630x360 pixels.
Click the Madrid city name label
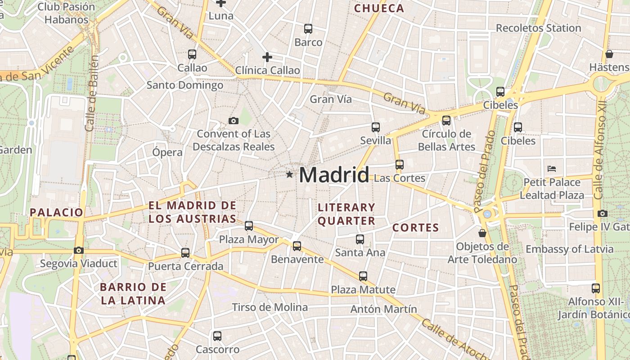click(x=334, y=175)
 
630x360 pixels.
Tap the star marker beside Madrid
click(x=289, y=174)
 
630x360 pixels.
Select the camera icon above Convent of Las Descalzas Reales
click(x=233, y=121)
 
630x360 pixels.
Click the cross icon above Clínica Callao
click(x=267, y=57)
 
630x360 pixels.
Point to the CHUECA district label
click(x=379, y=8)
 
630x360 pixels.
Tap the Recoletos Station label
click(x=538, y=28)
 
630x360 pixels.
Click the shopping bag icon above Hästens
click(x=609, y=54)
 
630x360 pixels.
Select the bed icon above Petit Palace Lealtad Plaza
click(x=552, y=169)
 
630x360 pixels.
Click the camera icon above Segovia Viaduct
click(x=79, y=250)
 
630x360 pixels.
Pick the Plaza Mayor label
click(x=249, y=239)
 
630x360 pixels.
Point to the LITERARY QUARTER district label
click(x=346, y=214)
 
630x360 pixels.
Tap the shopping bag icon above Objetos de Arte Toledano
click(x=482, y=233)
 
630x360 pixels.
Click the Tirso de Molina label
click(x=270, y=307)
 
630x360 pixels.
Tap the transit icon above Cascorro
click(x=217, y=336)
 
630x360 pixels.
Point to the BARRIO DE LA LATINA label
click(x=133, y=293)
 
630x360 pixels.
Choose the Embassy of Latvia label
click(x=569, y=249)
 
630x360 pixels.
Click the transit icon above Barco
click(x=308, y=29)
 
